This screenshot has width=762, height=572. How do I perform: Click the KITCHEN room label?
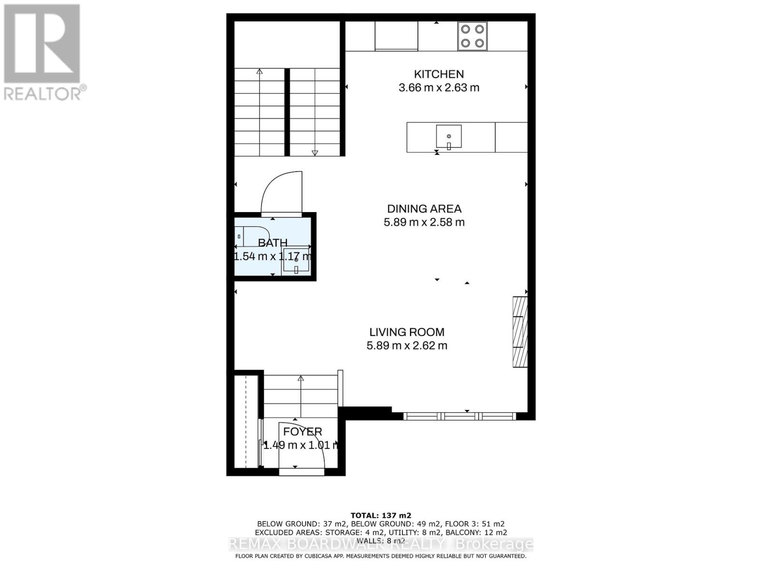click(x=439, y=74)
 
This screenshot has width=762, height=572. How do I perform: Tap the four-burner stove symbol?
click(x=472, y=36)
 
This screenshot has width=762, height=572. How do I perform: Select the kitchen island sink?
click(x=449, y=137)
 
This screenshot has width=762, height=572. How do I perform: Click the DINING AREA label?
click(x=424, y=209)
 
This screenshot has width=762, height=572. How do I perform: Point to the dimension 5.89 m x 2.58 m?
click(x=424, y=222)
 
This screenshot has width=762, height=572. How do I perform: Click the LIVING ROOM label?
click(x=407, y=332)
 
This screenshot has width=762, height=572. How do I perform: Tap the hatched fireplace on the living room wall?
click(x=520, y=332)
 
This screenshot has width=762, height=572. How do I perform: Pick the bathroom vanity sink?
click(x=296, y=261)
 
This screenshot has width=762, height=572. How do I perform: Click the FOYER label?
click(x=302, y=432)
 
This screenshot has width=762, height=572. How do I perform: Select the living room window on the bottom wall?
click(x=459, y=416)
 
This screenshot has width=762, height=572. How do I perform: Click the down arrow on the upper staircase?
click(x=314, y=153)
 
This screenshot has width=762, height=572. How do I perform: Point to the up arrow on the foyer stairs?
click(x=301, y=379)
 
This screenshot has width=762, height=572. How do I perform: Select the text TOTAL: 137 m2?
click(x=381, y=515)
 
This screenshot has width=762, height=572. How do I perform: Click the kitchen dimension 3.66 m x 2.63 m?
click(x=439, y=88)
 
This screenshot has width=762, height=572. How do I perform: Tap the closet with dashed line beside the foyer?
click(x=246, y=421)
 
